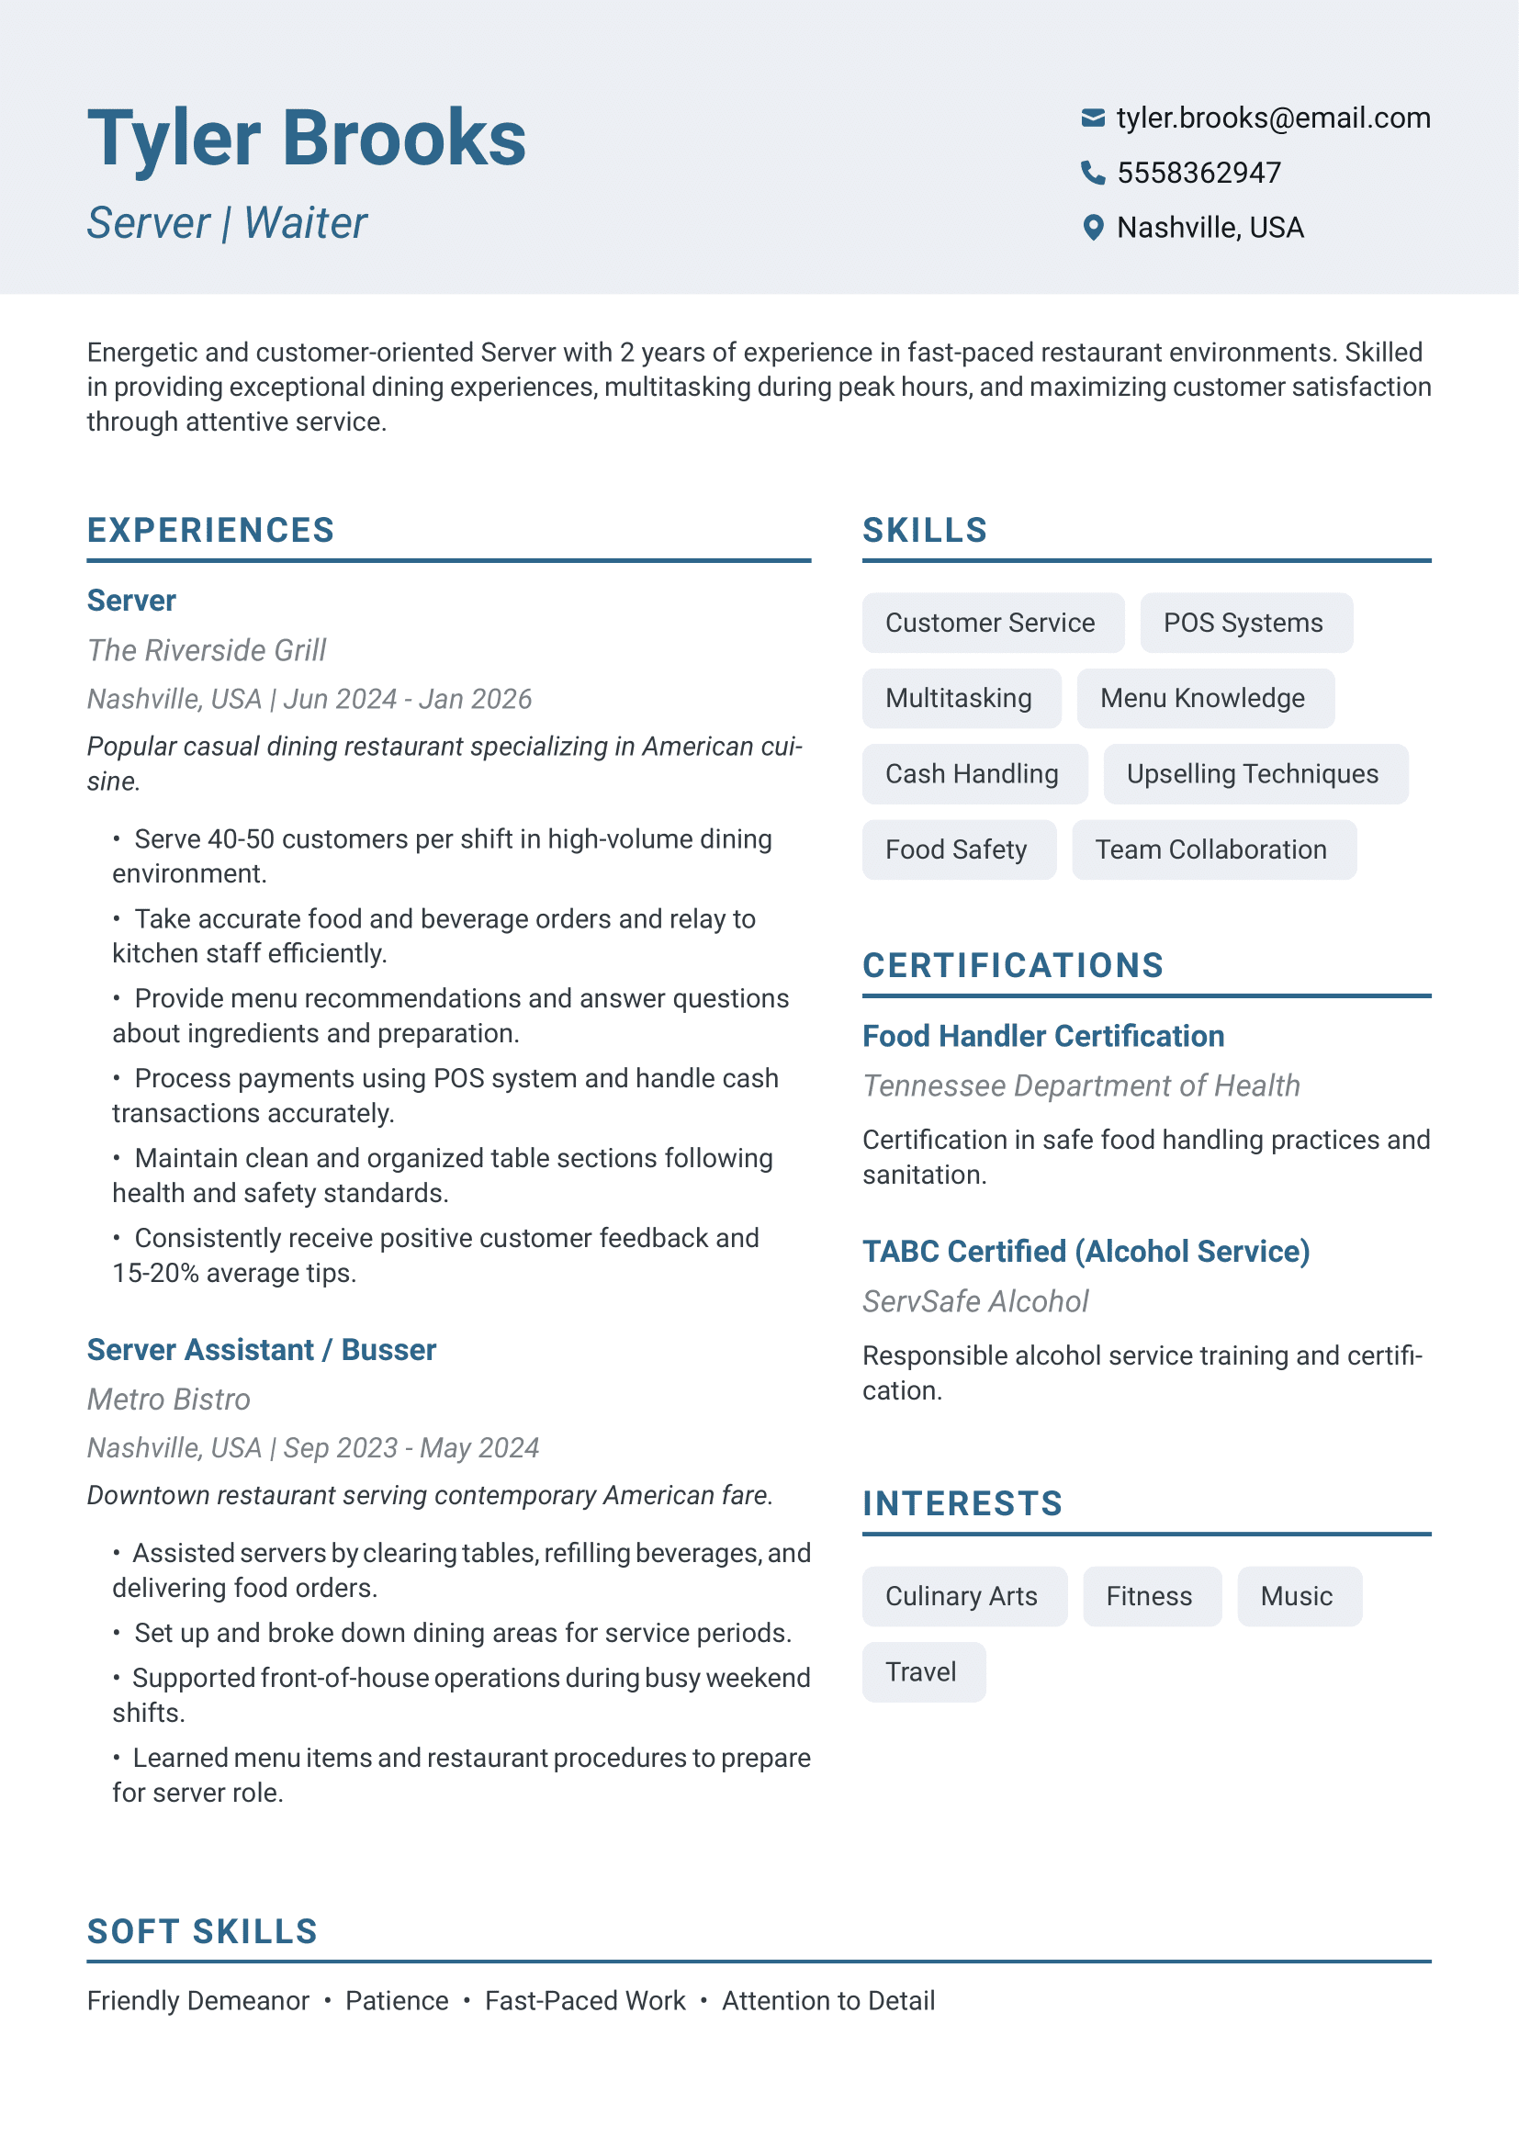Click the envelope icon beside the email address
(1093, 118)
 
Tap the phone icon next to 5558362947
(1093, 173)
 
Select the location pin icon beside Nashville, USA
(1093, 228)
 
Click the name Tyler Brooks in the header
(307, 139)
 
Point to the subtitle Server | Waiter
(227, 223)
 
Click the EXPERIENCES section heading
(210, 531)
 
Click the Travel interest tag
(922, 1672)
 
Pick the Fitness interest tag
(1151, 1597)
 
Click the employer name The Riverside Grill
(207, 650)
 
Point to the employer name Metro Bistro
(169, 1400)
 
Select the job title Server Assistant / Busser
(262, 1350)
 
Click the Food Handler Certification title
(1043, 1037)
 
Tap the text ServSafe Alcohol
(975, 1301)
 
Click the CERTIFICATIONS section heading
(1013, 966)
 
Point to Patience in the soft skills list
(397, 2001)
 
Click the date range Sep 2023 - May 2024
(411, 1448)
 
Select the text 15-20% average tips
(234, 1273)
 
